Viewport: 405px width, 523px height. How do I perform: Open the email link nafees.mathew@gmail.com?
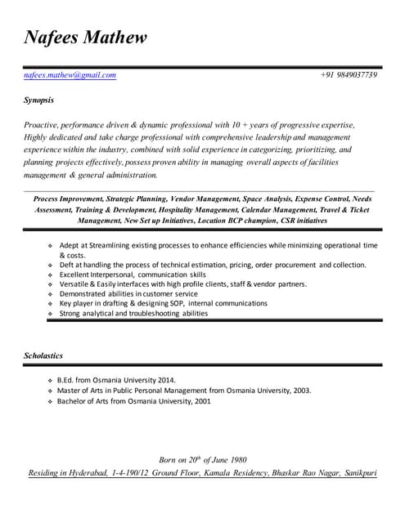click(70, 75)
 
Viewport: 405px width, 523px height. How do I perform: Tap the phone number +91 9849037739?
click(349, 75)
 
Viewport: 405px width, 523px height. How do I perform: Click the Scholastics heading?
click(43, 356)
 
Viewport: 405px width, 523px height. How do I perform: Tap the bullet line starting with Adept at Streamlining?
click(217, 245)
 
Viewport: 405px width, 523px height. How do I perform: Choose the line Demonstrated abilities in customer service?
click(128, 294)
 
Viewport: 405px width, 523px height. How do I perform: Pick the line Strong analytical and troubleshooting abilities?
click(133, 314)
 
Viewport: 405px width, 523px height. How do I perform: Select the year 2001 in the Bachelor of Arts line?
click(202, 401)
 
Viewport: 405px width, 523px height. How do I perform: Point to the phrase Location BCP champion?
click(239, 220)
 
